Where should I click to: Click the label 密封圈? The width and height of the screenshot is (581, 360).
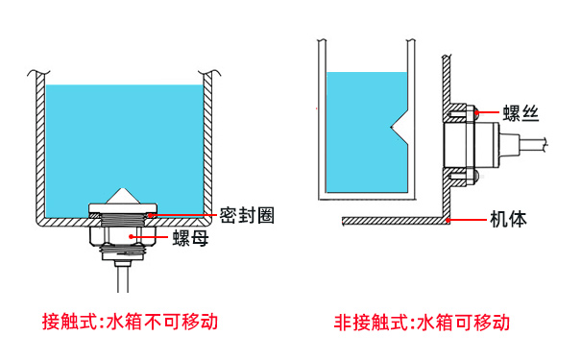[247, 214]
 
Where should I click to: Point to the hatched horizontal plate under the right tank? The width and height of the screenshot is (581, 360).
[394, 221]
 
